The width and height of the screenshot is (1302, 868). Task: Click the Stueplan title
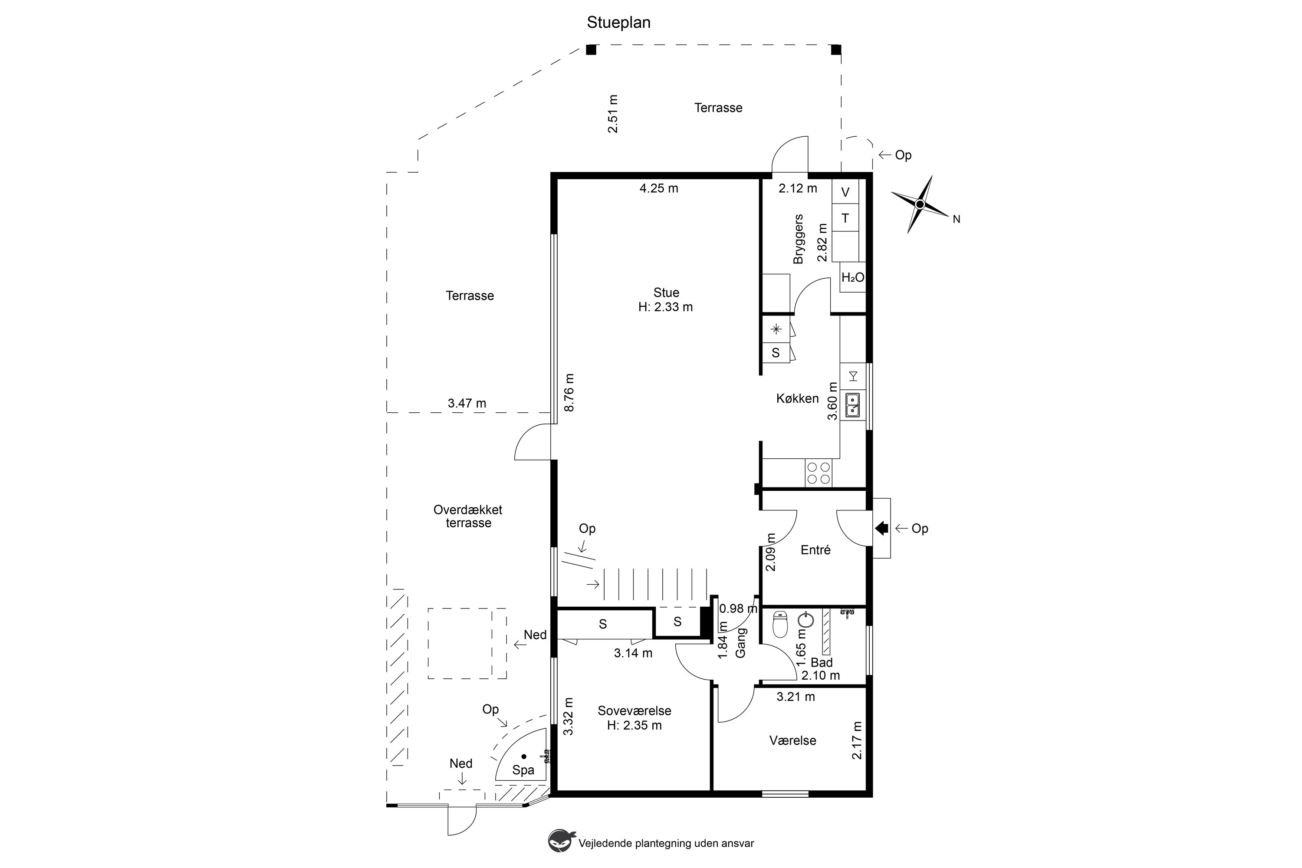click(618, 23)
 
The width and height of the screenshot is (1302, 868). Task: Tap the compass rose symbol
click(920, 204)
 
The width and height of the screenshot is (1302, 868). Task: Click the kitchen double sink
click(852, 404)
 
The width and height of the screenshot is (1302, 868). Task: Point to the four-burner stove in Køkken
click(818, 473)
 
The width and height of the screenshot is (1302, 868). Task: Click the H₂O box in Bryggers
click(852, 277)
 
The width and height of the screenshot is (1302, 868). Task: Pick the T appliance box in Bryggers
click(845, 218)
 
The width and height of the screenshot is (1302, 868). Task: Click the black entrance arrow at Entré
click(881, 529)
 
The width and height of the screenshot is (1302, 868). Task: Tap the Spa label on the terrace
click(523, 770)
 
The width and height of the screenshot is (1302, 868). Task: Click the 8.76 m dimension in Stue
click(569, 392)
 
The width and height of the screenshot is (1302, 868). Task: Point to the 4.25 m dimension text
click(659, 188)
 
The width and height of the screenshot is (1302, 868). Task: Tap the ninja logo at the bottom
click(561, 840)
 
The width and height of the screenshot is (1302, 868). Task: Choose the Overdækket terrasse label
click(468, 516)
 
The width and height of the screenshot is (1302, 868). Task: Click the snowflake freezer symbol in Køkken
click(776, 329)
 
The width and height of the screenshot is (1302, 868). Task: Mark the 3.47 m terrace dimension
click(467, 404)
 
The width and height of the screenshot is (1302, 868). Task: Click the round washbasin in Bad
click(806, 619)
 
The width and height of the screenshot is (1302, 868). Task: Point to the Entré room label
click(815, 550)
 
